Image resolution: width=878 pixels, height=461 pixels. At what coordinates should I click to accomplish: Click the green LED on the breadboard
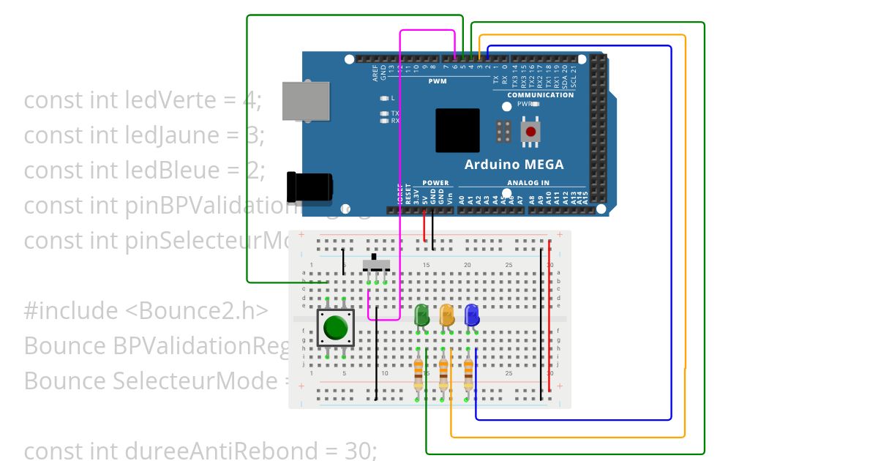[x=422, y=316]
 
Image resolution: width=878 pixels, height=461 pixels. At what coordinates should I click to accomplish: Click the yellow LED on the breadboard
[x=446, y=316]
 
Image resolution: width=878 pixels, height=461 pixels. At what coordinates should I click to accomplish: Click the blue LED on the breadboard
[x=471, y=316]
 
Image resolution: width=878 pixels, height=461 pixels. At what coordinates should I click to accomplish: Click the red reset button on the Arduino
[x=531, y=132]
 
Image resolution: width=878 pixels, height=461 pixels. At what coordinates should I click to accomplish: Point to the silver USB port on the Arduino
[x=305, y=100]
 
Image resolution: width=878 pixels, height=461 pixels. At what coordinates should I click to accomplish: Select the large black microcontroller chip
[x=457, y=131]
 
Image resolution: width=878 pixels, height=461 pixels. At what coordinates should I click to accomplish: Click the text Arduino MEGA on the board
[x=514, y=165]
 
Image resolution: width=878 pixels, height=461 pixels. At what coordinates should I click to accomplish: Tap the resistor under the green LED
[x=418, y=376]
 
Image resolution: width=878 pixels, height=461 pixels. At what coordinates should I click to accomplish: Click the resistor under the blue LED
[x=468, y=376]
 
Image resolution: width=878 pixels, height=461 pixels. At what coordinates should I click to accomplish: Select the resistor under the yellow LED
[x=443, y=376]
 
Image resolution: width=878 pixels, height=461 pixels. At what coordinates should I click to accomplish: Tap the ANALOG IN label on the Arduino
[x=528, y=183]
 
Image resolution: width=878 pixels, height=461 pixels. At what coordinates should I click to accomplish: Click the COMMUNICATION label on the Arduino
[x=541, y=95]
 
